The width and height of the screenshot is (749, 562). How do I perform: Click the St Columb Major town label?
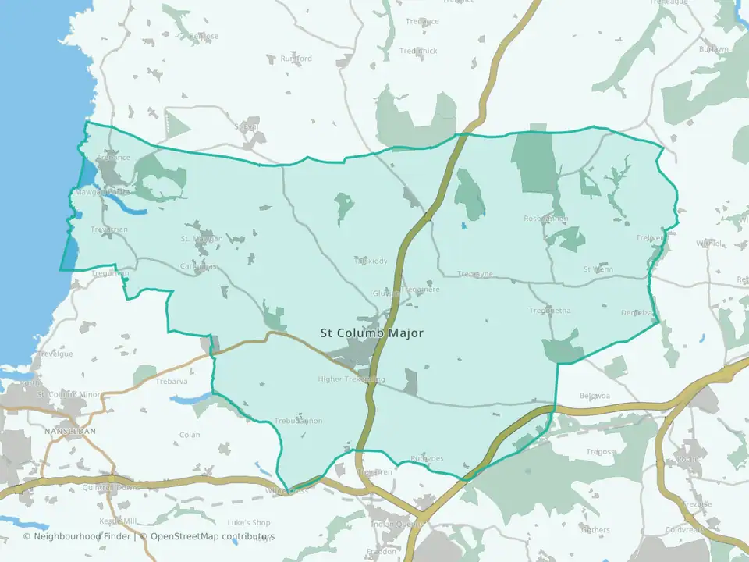[372, 333]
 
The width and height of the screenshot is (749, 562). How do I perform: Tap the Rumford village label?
[296, 59]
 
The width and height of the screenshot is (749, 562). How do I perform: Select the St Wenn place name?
[598, 269]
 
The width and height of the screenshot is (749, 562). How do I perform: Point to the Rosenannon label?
[546, 219]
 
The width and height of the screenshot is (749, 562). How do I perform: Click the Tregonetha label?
[550, 311]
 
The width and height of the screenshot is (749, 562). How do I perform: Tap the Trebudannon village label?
[298, 421]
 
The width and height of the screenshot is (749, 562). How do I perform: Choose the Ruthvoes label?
[428, 458]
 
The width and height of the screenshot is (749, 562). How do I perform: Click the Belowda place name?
[594, 396]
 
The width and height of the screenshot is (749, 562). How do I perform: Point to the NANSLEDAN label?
[70, 431]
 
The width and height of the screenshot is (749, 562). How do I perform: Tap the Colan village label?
[190, 435]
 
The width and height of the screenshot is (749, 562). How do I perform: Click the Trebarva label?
[173, 382]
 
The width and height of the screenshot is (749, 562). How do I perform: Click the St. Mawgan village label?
[202, 239]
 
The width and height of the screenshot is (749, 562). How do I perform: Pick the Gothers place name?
[596, 530]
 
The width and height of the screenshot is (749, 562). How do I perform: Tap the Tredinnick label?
[419, 51]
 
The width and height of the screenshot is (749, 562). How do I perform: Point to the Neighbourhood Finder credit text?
[81, 536]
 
